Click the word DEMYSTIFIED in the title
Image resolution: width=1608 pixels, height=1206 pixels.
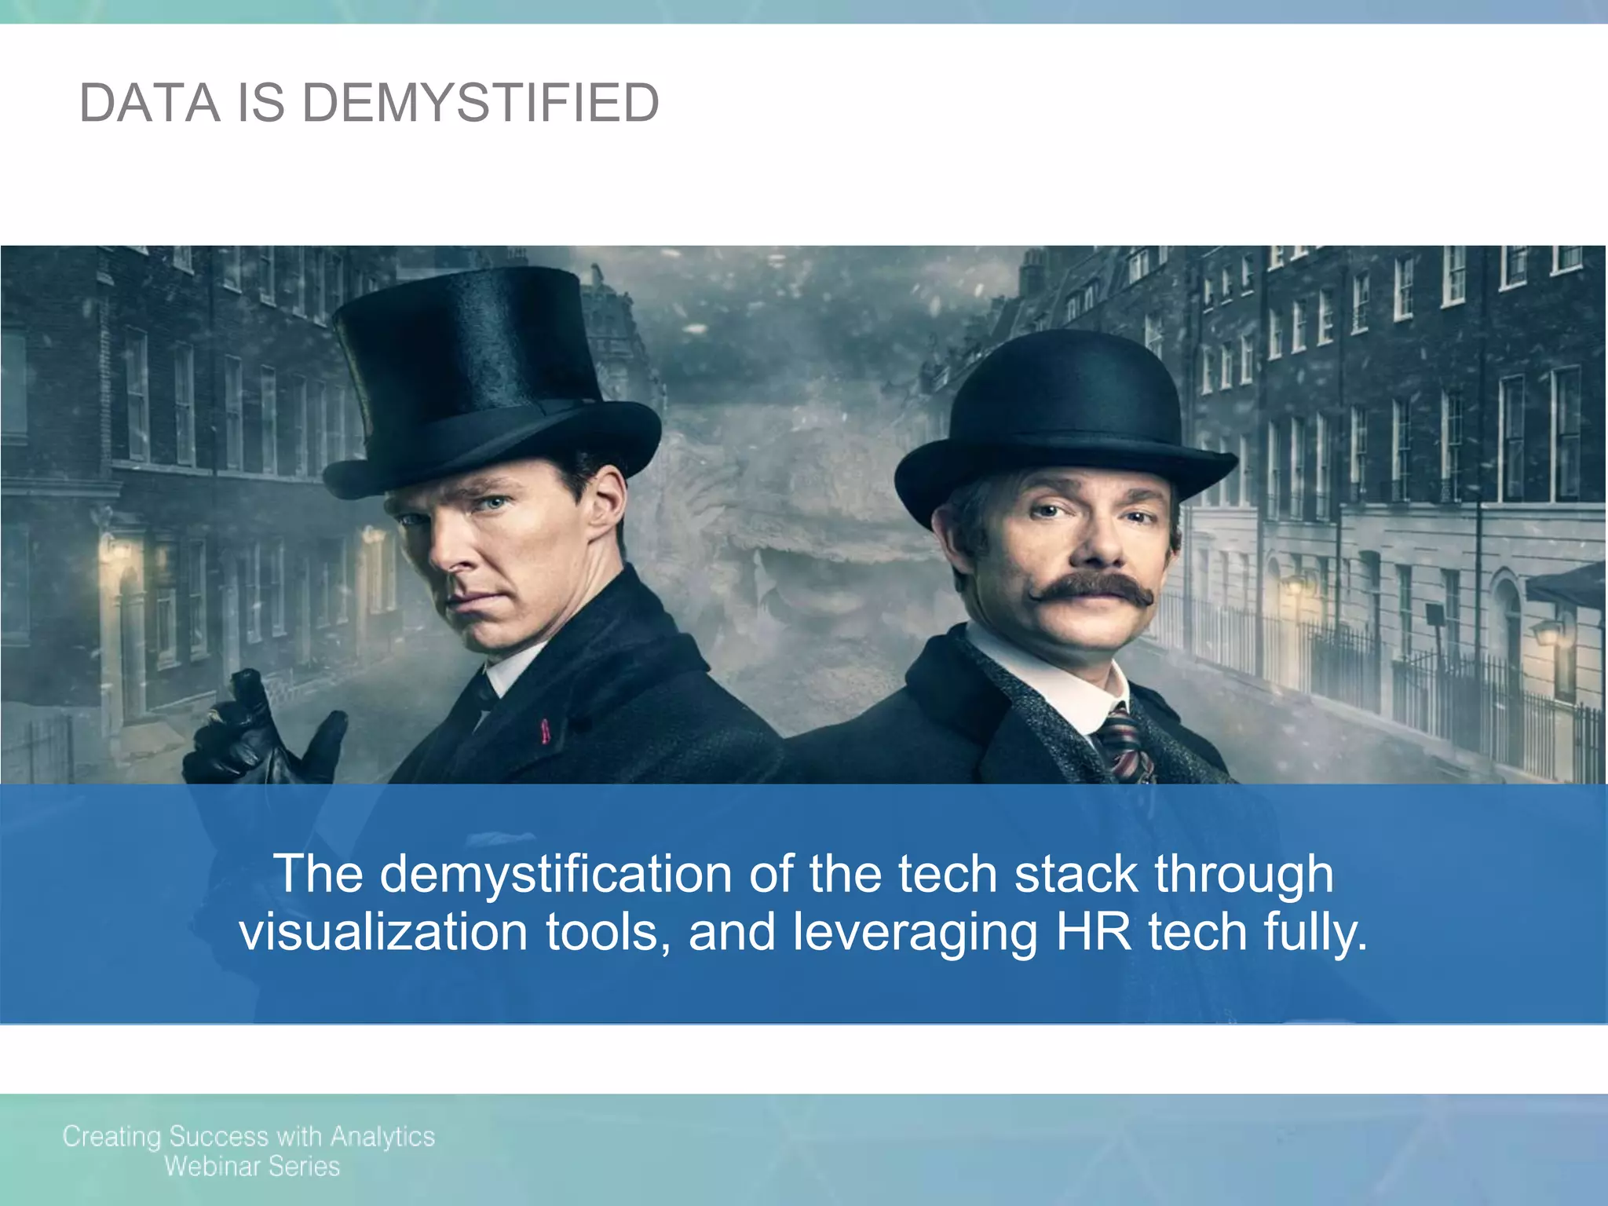481,104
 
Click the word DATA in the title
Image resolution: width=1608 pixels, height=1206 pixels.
150,104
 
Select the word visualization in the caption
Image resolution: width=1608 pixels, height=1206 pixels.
383,933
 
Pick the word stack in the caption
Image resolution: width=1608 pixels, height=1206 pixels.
1076,873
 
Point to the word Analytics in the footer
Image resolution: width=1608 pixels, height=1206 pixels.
382,1137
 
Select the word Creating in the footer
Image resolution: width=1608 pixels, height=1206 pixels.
111,1137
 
